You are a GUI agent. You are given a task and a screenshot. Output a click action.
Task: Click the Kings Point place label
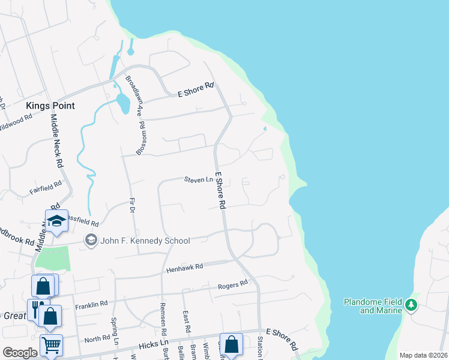click(50, 106)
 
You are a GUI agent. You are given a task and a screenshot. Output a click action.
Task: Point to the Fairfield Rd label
click(46, 188)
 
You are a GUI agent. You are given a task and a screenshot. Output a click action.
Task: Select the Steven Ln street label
click(199, 179)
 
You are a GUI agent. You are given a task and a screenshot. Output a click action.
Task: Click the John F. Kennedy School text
click(145, 241)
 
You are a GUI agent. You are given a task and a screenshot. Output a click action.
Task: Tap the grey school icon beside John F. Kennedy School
click(91, 241)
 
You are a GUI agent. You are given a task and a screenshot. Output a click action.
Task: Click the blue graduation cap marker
click(56, 221)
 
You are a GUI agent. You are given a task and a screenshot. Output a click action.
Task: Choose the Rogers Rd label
click(233, 284)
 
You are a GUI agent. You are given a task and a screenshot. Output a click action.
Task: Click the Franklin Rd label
click(91, 305)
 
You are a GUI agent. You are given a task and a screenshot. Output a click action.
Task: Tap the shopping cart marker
click(51, 345)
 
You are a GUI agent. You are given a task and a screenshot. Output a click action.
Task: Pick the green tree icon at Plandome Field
click(411, 305)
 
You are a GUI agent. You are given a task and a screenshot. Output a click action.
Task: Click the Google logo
click(20, 353)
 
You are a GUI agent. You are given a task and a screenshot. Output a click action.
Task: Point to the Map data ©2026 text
click(423, 355)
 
